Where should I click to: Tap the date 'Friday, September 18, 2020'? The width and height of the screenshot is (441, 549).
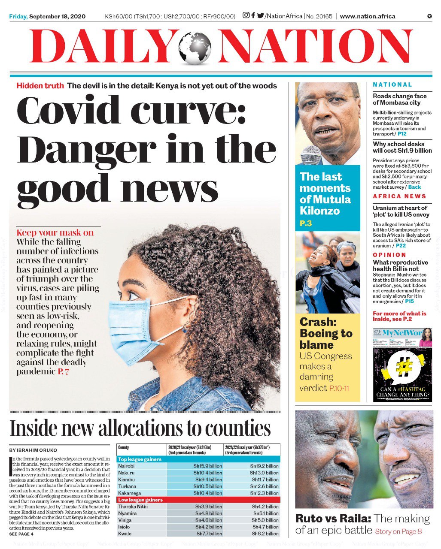(x=47, y=16)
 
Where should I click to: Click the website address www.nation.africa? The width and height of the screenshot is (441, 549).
(x=368, y=16)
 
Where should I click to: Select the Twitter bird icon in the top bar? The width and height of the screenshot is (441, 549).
(x=261, y=16)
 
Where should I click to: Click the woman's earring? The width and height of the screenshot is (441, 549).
(x=185, y=329)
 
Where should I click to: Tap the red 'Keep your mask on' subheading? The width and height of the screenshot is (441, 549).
(x=55, y=233)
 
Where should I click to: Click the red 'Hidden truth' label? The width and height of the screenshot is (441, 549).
(x=40, y=86)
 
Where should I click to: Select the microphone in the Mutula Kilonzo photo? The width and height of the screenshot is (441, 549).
(x=311, y=155)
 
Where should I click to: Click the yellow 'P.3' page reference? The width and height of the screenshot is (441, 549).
(x=306, y=223)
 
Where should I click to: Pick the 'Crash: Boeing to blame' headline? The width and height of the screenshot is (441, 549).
(x=326, y=333)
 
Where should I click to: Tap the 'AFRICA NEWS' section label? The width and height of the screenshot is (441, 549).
(x=399, y=196)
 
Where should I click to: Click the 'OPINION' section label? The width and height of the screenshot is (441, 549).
(x=389, y=255)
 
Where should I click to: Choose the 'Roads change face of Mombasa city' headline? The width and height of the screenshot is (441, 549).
(x=399, y=100)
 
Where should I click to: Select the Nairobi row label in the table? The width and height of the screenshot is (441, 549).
(x=126, y=466)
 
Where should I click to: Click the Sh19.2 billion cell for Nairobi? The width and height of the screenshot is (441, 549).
(x=264, y=466)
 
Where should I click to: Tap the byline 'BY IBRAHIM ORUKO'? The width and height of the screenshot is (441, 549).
(x=33, y=451)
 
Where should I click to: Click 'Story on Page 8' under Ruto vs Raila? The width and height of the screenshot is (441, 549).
(x=398, y=532)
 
